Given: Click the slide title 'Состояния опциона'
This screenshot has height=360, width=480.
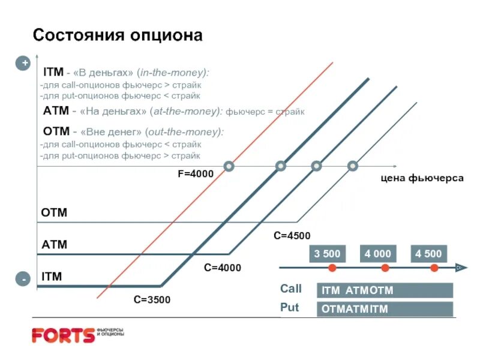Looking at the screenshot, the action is point(118,35).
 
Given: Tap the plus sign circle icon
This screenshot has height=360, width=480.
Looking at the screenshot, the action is point(23,63).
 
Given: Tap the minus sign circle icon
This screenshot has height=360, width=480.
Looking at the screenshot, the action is point(23,280).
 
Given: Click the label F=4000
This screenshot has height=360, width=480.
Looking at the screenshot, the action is point(195,174).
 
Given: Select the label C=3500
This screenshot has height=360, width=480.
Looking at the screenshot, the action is point(152,299).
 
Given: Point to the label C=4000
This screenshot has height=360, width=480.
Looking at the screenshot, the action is point(222,268).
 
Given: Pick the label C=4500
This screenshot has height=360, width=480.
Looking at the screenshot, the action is point(292,236).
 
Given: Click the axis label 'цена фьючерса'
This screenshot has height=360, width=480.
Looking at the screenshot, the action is point(420,178).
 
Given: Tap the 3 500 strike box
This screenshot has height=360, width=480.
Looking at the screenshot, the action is point(327,254).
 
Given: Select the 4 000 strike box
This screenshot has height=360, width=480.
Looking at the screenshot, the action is point(377,254).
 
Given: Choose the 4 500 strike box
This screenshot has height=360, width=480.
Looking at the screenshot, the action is point(428,254).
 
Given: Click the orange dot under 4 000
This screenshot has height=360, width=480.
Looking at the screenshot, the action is point(385,268).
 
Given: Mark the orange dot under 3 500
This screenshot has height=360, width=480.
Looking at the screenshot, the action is point(332,268).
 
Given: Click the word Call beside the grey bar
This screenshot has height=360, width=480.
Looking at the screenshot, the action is point(291,289).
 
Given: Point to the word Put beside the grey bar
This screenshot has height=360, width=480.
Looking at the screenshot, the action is point(289,308).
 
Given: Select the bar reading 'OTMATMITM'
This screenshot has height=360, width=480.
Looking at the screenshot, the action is point(385,309).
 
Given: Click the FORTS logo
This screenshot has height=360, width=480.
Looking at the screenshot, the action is point(63,335).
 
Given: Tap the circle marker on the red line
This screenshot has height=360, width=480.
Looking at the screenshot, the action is point(229,166).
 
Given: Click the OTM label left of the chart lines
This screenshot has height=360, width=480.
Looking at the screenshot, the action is point(54,213).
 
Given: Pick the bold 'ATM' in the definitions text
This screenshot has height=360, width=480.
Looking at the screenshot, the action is point(55,111).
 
